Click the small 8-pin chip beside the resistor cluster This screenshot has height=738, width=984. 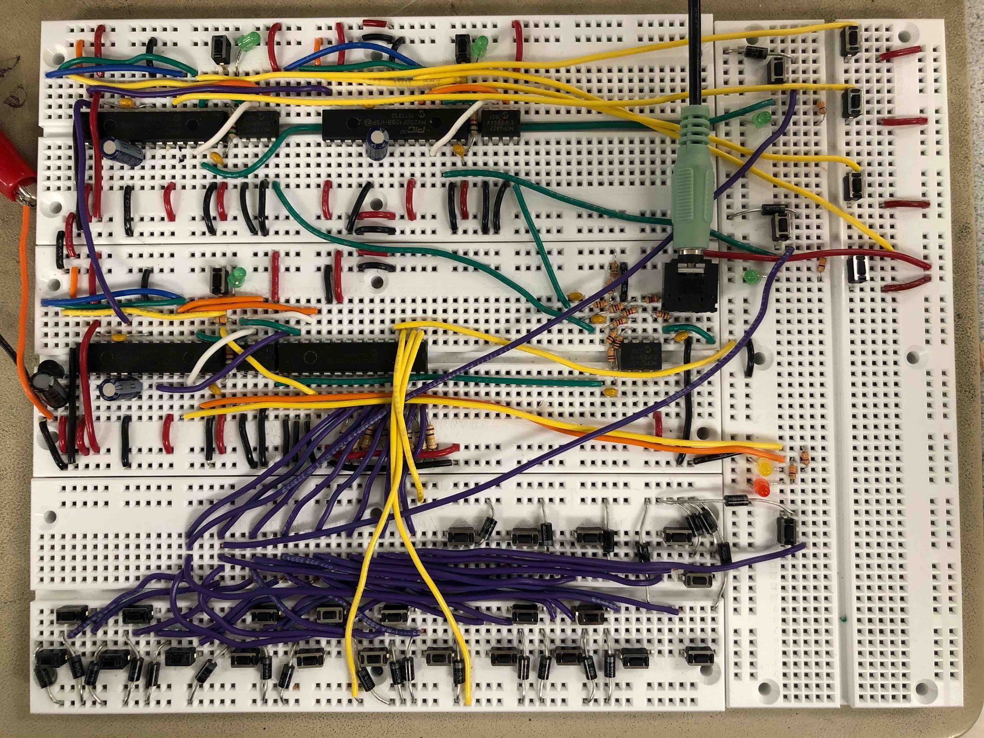pyautogui.click(x=640, y=355)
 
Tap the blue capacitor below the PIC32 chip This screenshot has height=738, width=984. pyautogui.click(x=376, y=142)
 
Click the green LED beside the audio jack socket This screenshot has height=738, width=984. pyautogui.click(x=751, y=277)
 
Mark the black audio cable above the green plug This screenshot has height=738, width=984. pyautogui.click(x=695, y=49)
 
